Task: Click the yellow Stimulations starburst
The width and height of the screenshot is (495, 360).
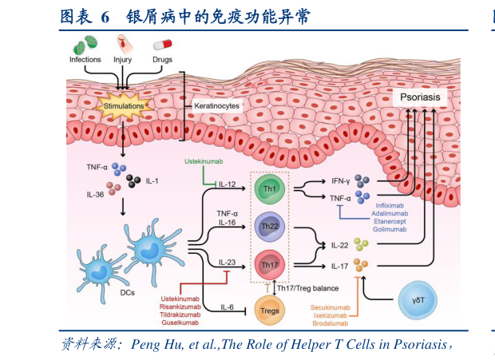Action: pyautogui.click(x=124, y=105)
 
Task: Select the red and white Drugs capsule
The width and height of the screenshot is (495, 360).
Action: pyautogui.click(x=163, y=49)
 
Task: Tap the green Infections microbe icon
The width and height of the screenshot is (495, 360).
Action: pyautogui.click(x=85, y=48)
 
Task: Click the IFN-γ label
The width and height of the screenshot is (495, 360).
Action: pyautogui.click(x=341, y=181)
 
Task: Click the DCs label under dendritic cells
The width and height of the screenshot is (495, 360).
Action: pyautogui.click(x=126, y=293)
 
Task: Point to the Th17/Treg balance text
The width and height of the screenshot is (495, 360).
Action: pyautogui.click(x=308, y=287)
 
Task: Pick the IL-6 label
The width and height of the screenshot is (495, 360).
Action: pyautogui.click(x=228, y=307)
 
